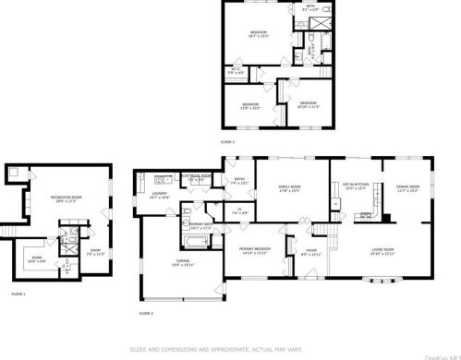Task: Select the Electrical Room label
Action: click(x=196, y=175)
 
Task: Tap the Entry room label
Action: click(x=239, y=182)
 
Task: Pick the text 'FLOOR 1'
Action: click(x=18, y=294)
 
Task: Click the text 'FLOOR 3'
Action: click(x=227, y=142)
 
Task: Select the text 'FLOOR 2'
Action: click(x=145, y=314)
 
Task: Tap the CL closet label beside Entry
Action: click(x=238, y=212)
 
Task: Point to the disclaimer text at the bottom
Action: click(x=230, y=349)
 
